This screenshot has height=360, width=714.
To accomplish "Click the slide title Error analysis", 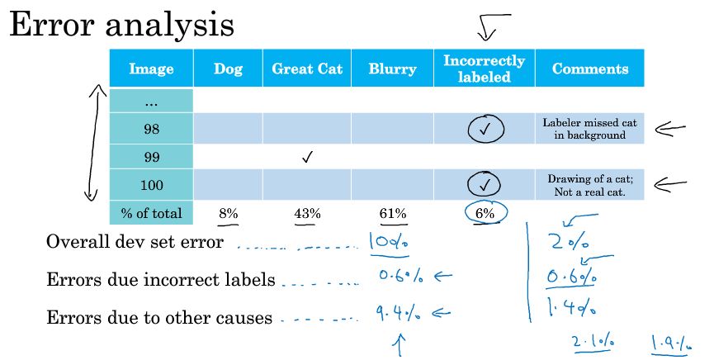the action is coord(121,25).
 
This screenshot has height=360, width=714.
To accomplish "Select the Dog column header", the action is coord(228,69).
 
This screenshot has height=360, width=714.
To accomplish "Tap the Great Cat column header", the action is coord(307,69).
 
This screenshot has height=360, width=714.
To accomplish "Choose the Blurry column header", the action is coord(393,69).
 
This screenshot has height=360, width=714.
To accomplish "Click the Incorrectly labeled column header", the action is coord(484,69).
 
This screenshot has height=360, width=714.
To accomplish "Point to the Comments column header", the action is coord(590,69).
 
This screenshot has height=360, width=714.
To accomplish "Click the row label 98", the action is coord(151,129).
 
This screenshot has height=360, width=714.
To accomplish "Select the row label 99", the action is coord(151,157).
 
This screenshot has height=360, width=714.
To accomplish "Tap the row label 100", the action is coord(151,185).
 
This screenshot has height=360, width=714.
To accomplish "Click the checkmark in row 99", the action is coord(307,157).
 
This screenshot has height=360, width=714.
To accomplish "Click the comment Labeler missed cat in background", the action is coord(589,129).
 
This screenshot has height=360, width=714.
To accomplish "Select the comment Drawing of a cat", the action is coord(590,179).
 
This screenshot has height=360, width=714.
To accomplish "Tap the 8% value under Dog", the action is coord(228,213).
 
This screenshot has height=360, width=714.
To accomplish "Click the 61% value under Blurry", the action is coord(393,213).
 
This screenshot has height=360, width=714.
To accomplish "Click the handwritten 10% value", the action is coord(390,242).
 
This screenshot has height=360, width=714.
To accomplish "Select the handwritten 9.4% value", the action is coord(398,313).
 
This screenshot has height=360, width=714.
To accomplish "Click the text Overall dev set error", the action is coord(135,242).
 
